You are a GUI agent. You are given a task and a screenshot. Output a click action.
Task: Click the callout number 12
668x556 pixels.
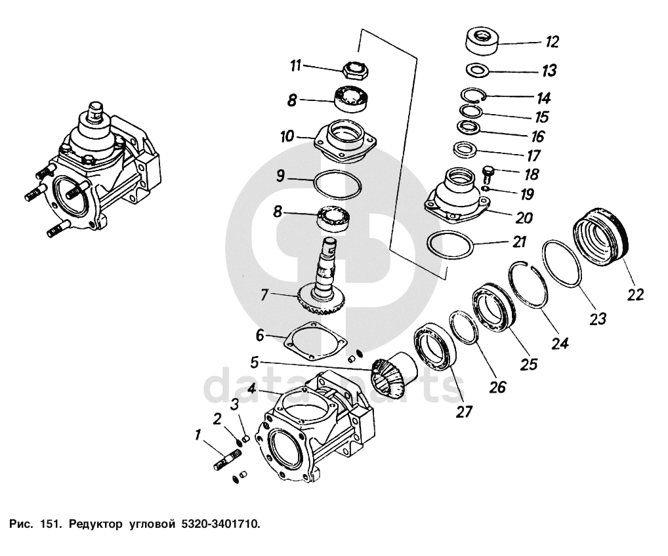pyautogui.click(x=551, y=43)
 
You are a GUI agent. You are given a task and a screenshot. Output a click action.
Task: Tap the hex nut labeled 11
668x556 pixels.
pyautogui.click(x=357, y=68)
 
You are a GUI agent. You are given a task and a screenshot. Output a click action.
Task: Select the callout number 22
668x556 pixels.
pyautogui.click(x=635, y=294)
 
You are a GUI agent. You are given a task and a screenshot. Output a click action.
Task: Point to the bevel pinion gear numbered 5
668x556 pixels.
pyautogui.click(x=391, y=378)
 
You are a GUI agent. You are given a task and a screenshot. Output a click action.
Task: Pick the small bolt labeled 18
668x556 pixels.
pyautogui.click(x=488, y=174)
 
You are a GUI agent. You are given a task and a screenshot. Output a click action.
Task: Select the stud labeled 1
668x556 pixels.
pyautogui.click(x=227, y=460)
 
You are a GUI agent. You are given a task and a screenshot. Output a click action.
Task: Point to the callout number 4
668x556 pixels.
pyautogui.click(x=251, y=387)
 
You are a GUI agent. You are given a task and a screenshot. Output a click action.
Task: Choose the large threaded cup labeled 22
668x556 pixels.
pyautogui.click(x=601, y=237)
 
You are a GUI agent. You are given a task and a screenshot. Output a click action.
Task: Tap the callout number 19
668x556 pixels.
pyautogui.click(x=527, y=195)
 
